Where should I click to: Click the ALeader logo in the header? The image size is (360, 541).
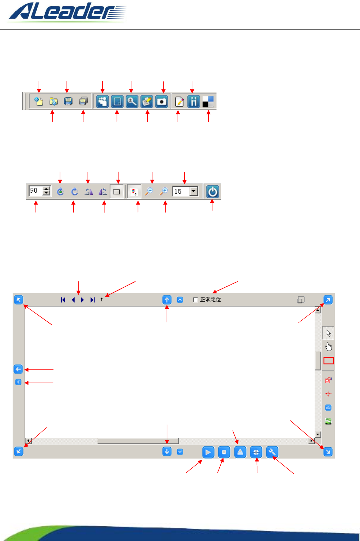[67, 12]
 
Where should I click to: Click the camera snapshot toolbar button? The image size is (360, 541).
[162, 101]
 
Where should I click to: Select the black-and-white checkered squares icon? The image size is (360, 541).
[208, 101]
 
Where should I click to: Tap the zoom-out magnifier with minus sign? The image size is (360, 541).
[149, 192]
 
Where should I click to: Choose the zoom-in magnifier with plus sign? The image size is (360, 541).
[164, 192]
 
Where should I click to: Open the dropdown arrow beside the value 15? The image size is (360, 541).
[193, 192]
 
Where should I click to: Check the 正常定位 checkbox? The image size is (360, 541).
[196, 300]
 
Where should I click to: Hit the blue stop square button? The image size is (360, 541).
[224, 452]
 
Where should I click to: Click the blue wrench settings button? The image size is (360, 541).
[272, 452]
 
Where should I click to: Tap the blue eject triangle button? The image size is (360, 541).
[240, 452]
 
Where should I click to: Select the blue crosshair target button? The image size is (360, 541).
[256, 452]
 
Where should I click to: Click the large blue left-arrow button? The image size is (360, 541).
[18, 369]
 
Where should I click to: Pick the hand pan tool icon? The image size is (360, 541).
[328, 347]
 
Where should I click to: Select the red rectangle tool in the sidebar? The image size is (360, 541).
[328, 361]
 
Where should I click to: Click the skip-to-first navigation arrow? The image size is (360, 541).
[63, 300]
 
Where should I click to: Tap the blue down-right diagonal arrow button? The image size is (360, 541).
[328, 452]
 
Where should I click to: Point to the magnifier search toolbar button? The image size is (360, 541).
[132, 101]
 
